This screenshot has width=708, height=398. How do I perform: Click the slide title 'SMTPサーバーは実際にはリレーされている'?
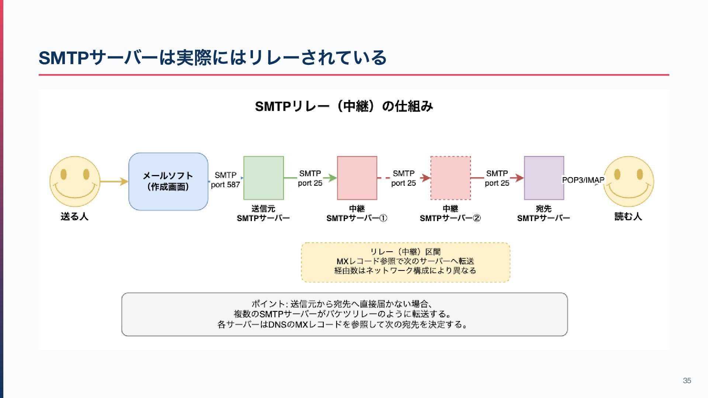click(212, 58)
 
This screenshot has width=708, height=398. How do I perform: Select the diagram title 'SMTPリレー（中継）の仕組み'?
click(344, 107)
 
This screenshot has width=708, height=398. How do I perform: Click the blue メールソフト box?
click(168, 181)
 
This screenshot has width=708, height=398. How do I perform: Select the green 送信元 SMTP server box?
click(263, 178)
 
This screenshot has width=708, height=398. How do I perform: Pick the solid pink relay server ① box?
click(357, 178)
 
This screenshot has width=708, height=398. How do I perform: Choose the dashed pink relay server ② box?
click(450, 178)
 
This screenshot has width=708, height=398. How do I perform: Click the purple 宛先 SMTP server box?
click(544, 178)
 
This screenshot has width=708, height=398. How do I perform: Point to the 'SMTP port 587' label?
click(225, 180)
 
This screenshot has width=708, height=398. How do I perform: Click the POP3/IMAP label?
click(583, 180)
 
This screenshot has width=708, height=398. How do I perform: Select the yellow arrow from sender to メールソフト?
click(114, 181)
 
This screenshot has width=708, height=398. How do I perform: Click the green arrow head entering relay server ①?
click(333, 178)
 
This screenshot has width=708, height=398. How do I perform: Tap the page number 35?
click(687, 381)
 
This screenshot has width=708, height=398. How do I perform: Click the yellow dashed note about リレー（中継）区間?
click(405, 262)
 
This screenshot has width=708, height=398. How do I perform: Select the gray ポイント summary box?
click(344, 314)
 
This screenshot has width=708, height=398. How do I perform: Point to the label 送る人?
click(74, 217)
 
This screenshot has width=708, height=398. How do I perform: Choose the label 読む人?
click(628, 217)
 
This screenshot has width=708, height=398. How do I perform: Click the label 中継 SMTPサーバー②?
click(450, 214)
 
